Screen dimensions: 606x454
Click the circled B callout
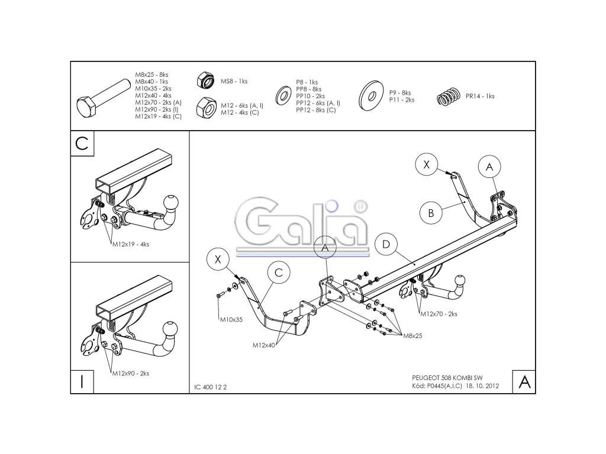431,213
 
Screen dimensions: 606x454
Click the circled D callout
386,244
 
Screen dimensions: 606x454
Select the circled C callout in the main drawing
279,273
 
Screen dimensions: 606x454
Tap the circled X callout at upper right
426,164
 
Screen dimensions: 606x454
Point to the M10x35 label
231,319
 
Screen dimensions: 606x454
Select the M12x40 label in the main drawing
264,345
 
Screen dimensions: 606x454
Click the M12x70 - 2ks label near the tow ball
439,314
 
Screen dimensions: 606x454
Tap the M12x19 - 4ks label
131,244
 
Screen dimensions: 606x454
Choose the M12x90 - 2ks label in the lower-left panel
131,373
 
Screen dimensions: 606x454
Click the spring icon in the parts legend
449,96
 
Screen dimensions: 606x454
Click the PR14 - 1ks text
480,96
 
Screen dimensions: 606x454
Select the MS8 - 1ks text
234,82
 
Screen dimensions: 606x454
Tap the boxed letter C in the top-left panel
82,143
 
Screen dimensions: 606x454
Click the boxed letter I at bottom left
82,381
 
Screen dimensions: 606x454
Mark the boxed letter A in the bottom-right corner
524,382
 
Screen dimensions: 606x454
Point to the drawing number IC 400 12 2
210,388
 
